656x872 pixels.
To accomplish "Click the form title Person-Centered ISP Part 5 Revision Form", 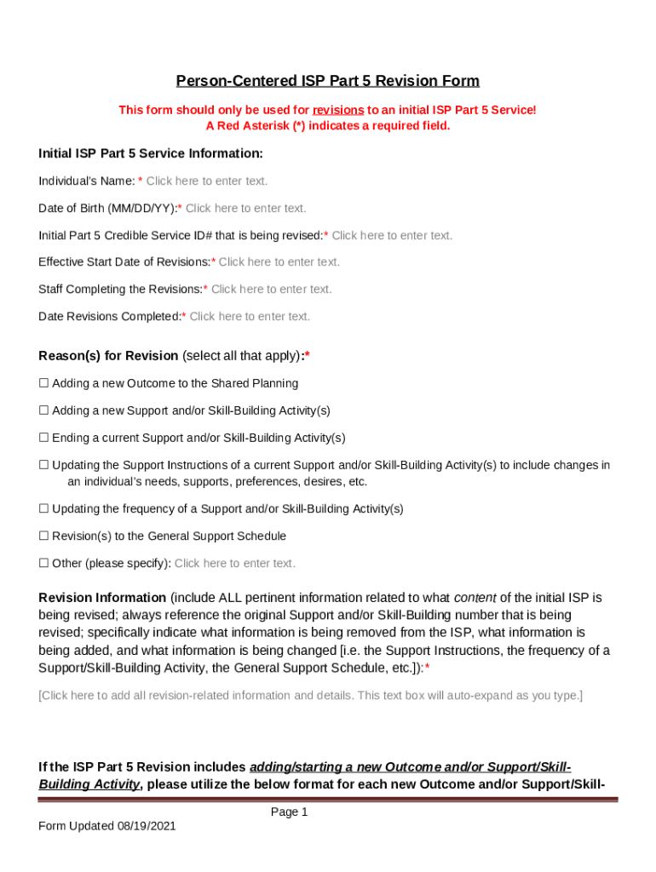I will click(x=327, y=81).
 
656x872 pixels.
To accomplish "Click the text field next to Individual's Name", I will click(x=206, y=181).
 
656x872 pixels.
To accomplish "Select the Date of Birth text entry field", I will click(x=245, y=209).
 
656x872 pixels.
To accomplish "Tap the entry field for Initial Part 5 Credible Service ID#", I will click(x=392, y=236).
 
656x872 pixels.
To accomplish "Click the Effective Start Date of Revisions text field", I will click(x=279, y=262).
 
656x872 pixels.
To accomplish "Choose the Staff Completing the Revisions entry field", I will click(x=271, y=290).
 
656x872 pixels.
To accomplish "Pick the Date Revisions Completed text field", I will click(x=250, y=317).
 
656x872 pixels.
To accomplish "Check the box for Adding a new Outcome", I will click(x=43, y=384).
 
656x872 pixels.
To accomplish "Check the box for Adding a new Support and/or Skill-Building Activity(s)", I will click(x=43, y=411).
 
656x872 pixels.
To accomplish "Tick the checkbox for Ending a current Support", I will click(x=43, y=439).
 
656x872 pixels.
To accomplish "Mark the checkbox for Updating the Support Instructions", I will click(x=43, y=466).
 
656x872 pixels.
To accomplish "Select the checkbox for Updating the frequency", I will click(x=43, y=509).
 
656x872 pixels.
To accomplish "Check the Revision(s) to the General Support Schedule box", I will click(x=43, y=536).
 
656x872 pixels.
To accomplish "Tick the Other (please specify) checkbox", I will click(x=43, y=564).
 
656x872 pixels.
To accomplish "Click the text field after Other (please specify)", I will click(x=234, y=564).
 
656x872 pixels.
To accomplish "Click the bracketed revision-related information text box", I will click(x=310, y=696).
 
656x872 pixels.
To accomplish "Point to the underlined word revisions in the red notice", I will click(x=338, y=110).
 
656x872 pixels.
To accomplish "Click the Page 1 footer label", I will click(x=289, y=812).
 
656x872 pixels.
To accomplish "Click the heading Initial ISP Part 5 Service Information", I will click(x=151, y=153).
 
